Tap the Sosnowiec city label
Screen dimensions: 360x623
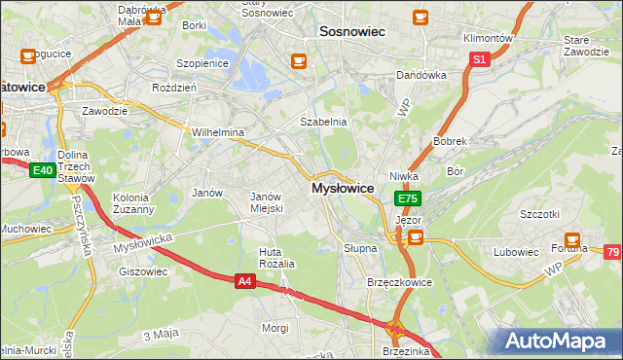point(352,32)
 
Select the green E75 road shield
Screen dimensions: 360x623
point(408,198)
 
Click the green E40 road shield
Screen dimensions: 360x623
point(41,171)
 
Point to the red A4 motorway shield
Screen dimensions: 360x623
point(246,281)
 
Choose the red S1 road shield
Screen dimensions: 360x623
point(479,59)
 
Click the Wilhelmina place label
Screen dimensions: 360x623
point(217,131)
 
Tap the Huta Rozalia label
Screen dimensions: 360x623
point(275,258)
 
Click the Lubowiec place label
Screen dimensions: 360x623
point(516,252)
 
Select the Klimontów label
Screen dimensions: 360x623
point(488,38)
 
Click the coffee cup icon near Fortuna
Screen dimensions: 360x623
point(573,238)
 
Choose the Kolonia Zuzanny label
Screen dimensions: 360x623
point(133,202)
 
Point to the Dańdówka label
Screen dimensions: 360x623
point(421,75)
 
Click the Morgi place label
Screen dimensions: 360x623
point(275,328)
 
